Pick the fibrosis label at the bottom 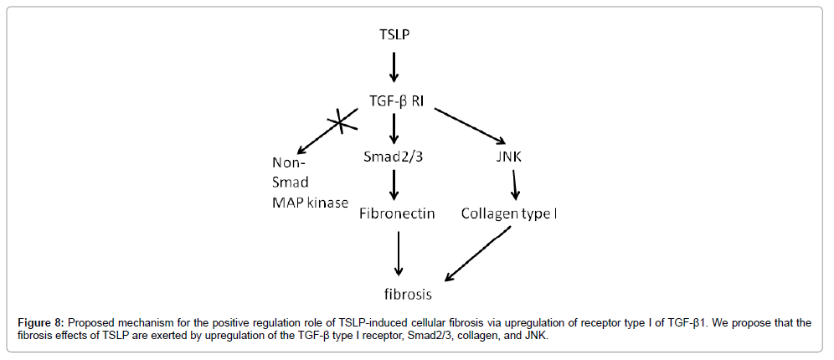tap(409, 294)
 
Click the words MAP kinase tap(310, 203)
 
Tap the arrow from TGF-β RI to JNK tap(469, 126)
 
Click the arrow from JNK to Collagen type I tap(514, 186)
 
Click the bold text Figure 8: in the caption tap(43, 322)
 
